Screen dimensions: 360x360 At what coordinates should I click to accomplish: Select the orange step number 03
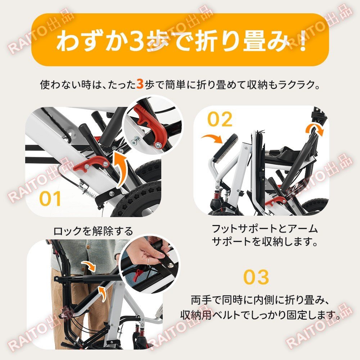[256, 277]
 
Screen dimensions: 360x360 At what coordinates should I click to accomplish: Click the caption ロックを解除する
[93, 231]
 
